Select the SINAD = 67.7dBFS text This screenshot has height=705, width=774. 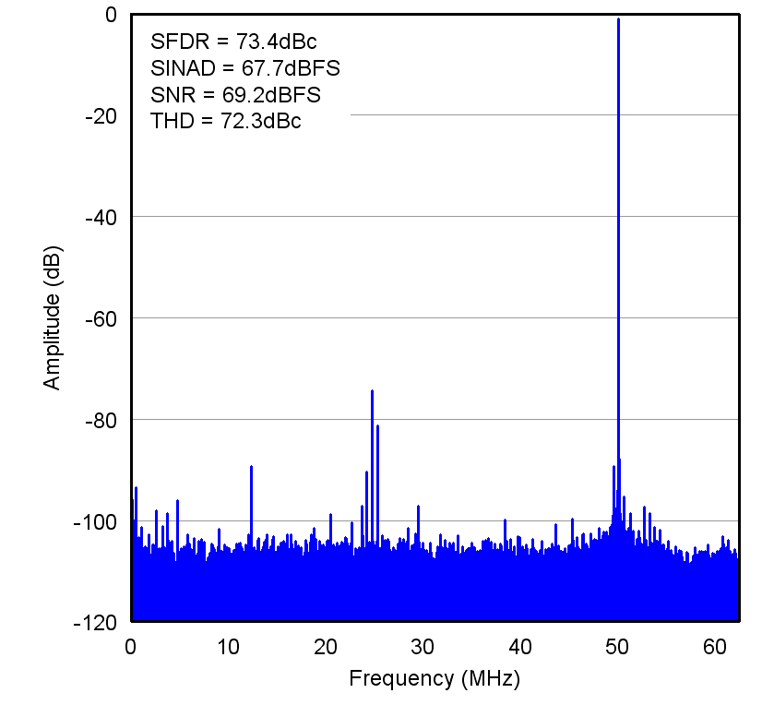(245, 67)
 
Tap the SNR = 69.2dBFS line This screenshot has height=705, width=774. (235, 94)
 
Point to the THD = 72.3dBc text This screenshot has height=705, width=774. (225, 121)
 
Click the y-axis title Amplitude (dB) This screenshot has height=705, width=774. (53, 317)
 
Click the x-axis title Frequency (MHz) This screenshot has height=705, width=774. (435, 679)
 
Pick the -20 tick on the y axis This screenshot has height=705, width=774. (100, 115)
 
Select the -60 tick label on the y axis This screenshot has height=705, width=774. (100, 318)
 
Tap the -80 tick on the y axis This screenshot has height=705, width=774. (100, 420)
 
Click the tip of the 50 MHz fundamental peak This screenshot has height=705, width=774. (618, 19)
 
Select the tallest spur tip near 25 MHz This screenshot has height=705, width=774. (372, 391)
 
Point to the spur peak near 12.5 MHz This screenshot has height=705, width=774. (251, 467)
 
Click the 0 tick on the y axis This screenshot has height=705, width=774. (110, 15)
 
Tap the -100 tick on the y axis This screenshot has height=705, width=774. (96, 521)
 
